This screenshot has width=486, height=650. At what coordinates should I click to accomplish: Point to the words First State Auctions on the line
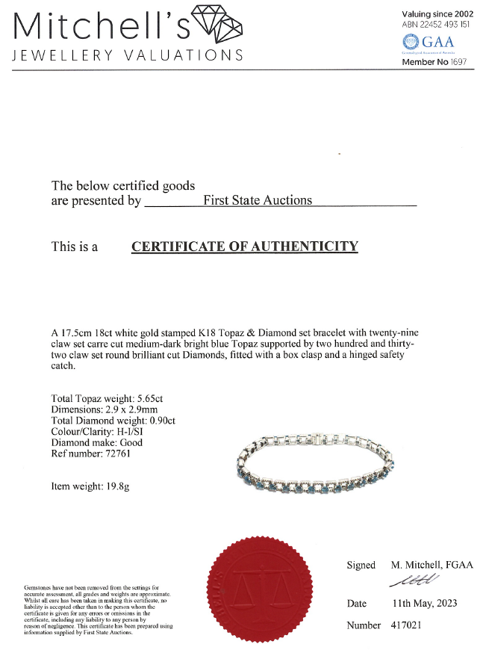pyautogui.click(x=258, y=199)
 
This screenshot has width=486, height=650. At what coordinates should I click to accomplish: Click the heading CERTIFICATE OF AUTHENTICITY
pyautogui.click(x=244, y=247)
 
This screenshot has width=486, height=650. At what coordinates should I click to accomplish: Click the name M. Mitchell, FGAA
pyautogui.click(x=432, y=565)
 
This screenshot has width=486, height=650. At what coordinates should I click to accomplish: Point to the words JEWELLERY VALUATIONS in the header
pyautogui.click(x=128, y=56)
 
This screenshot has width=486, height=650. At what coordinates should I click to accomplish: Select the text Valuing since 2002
pyautogui.click(x=437, y=13)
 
